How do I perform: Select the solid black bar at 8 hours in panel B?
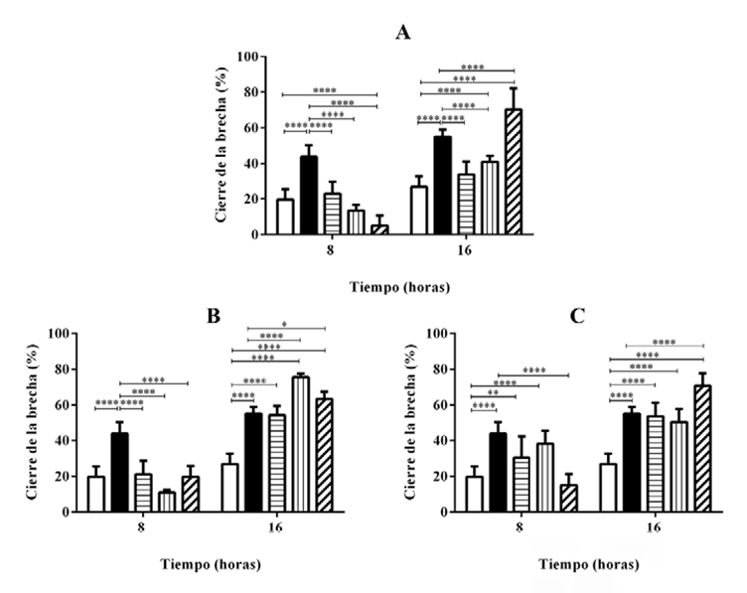tap(119, 473)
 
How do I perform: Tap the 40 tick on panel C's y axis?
tap(435, 441)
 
